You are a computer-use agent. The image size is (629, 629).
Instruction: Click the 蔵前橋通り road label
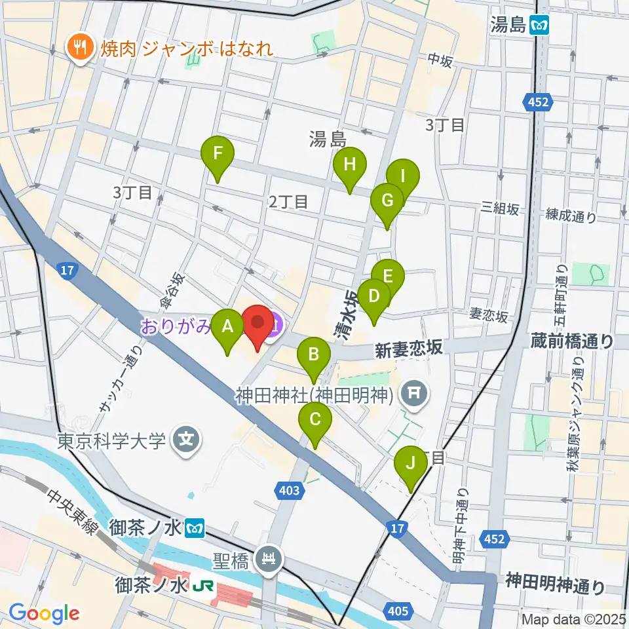tap(572, 340)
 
